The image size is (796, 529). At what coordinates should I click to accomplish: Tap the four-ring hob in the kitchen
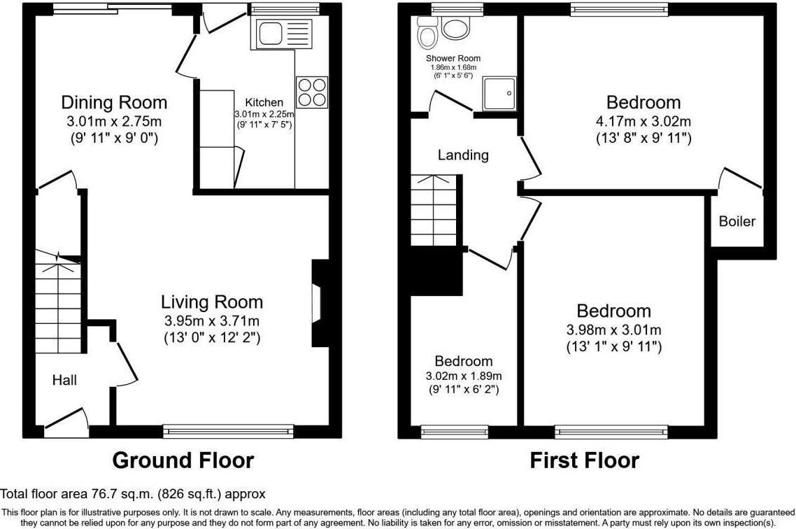(312, 92)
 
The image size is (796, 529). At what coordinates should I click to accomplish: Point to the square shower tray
(499, 92)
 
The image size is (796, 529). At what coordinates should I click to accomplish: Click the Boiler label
(737, 222)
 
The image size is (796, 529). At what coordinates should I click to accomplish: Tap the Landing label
(463, 155)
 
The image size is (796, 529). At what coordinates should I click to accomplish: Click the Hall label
(64, 380)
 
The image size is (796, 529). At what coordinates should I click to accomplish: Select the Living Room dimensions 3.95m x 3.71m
(212, 321)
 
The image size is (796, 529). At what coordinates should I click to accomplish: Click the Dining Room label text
(114, 103)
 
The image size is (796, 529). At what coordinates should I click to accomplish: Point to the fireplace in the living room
(318, 304)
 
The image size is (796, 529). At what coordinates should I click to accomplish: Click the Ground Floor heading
(183, 460)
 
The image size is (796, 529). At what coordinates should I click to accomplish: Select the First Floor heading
(584, 460)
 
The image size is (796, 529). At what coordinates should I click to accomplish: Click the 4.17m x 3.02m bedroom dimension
(643, 121)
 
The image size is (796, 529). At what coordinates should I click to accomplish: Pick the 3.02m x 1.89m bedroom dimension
(464, 376)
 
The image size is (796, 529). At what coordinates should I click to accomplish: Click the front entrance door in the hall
(66, 421)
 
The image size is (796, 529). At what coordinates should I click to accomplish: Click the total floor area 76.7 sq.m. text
(133, 495)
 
